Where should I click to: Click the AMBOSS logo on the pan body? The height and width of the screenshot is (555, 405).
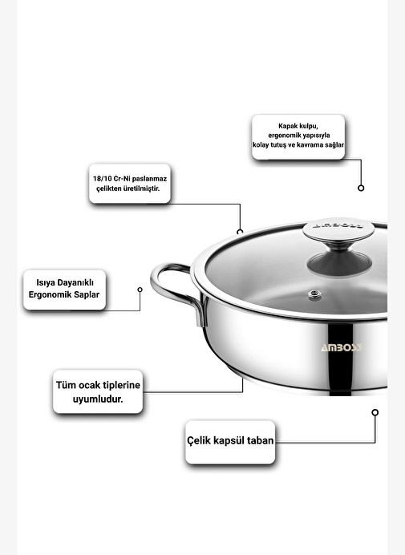[x=342, y=347]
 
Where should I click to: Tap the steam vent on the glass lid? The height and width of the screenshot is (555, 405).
[x=314, y=294]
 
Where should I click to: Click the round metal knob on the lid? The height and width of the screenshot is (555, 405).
[x=338, y=229]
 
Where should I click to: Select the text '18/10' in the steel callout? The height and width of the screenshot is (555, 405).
[x=102, y=179]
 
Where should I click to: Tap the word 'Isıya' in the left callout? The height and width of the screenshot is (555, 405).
[x=45, y=282]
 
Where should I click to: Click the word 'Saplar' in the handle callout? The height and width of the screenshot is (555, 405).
[x=87, y=294]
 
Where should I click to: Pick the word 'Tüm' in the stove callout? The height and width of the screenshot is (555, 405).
[x=66, y=385]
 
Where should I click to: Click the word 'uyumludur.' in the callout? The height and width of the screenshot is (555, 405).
[x=98, y=399]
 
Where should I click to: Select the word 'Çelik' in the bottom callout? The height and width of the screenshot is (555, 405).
[x=199, y=440]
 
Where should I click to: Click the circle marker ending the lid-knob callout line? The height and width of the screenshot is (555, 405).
[x=361, y=188]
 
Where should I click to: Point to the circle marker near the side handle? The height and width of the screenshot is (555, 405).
[x=140, y=290]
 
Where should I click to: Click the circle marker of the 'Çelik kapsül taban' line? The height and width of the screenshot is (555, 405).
[x=375, y=412]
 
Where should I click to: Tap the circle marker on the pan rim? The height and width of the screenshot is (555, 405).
[x=240, y=233]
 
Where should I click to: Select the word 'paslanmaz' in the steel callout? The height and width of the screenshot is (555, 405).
[x=149, y=179]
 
